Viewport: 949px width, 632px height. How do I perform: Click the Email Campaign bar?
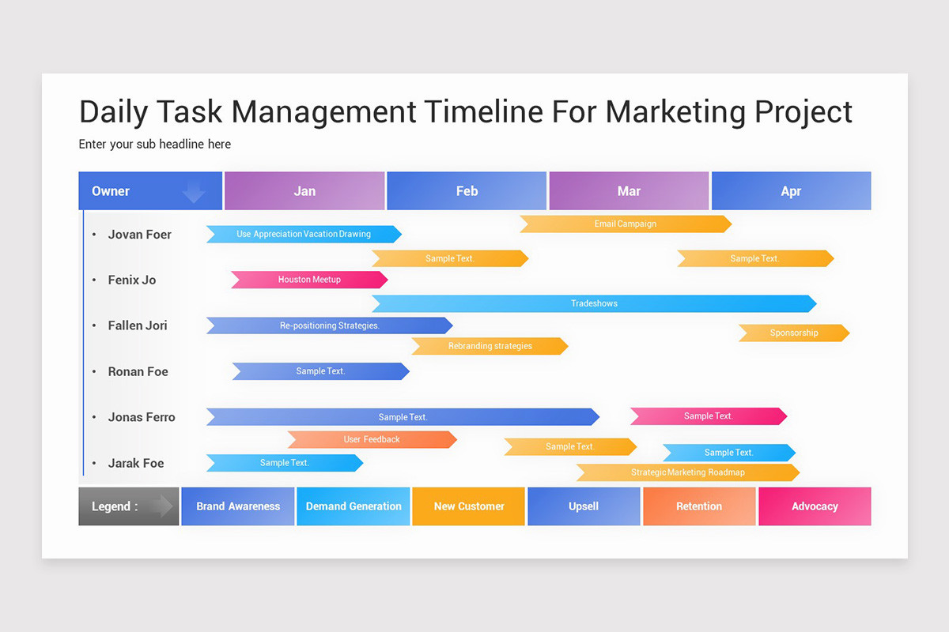[x=625, y=224]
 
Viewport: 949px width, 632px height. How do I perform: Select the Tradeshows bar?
[x=594, y=303]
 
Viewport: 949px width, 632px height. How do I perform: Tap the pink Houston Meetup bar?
[x=309, y=280]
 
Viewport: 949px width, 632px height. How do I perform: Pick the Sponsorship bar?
[x=793, y=333]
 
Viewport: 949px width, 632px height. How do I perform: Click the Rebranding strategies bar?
[x=490, y=346]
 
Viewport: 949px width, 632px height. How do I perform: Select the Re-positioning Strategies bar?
[x=329, y=325]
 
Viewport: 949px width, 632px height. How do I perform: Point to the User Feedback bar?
[x=372, y=439]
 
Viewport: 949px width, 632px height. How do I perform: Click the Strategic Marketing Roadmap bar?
[x=687, y=472]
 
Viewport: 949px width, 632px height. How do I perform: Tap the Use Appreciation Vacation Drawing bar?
[x=304, y=234]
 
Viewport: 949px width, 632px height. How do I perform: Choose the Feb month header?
[x=467, y=191]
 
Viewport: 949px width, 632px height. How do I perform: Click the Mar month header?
[x=629, y=191]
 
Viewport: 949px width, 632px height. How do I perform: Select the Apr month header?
[x=791, y=191]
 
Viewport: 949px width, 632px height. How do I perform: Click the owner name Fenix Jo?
[x=132, y=280]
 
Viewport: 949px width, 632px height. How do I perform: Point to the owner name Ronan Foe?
[x=138, y=371]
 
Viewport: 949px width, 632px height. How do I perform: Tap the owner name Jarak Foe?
[x=136, y=463]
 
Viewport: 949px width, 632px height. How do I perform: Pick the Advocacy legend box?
[x=815, y=506]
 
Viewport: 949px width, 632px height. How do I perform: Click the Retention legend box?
[x=699, y=506]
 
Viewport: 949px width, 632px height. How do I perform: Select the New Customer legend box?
[x=468, y=506]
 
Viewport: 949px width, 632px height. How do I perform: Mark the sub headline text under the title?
[x=155, y=144]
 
